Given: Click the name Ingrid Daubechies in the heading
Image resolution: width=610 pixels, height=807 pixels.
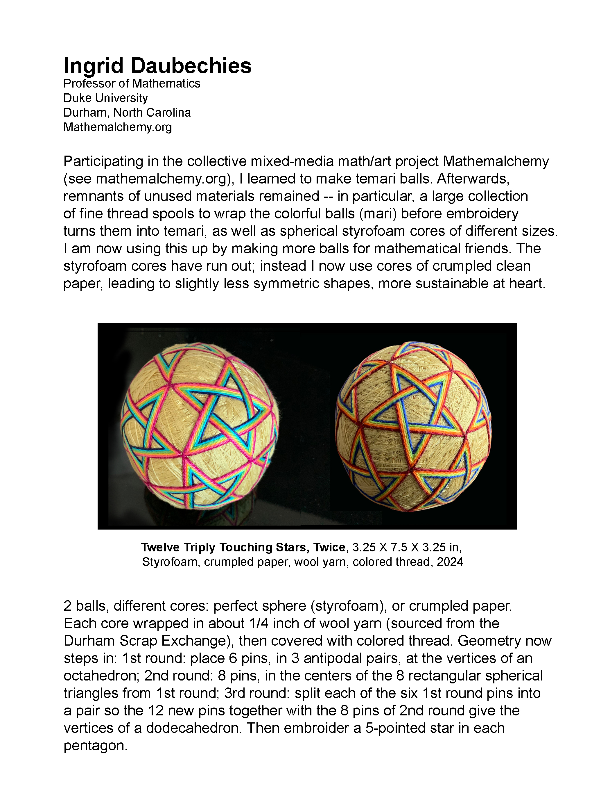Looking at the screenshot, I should tap(157, 66).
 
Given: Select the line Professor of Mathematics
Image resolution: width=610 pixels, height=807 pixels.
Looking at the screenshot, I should tap(132, 83).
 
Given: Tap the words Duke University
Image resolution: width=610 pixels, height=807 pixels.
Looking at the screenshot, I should tap(106, 98).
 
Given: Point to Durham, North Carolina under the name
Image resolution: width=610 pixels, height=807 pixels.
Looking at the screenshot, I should tap(127, 113).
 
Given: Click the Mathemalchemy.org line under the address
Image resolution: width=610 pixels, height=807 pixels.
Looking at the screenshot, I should tap(117, 127).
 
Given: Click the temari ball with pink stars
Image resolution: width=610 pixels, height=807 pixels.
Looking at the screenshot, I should tap(199, 426).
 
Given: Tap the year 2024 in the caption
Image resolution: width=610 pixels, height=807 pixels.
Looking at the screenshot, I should tap(450, 562).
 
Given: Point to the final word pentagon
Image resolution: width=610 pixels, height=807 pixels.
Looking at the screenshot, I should tap(96, 746).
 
